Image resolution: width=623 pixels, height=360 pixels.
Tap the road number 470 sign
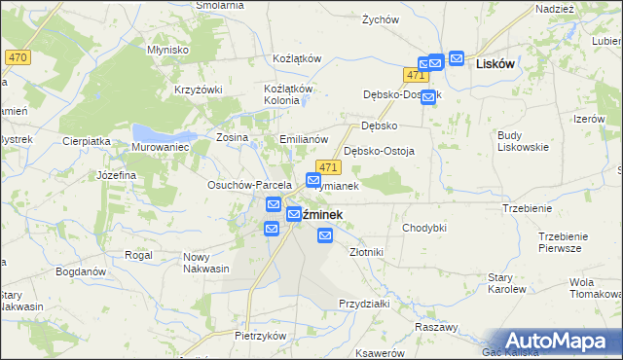click(17, 58)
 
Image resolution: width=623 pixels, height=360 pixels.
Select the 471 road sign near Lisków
click(416, 75)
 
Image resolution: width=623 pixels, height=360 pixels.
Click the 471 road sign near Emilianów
click(328, 168)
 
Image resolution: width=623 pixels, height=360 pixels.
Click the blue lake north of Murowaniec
click(156, 129)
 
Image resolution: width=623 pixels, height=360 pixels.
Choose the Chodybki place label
click(423, 227)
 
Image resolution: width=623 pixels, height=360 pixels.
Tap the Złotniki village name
click(366, 251)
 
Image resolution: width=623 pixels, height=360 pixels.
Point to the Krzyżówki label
click(199, 90)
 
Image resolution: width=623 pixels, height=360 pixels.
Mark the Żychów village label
click(381, 19)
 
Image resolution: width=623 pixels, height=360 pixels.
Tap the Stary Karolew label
click(506, 283)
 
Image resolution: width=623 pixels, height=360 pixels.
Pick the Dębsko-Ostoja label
click(380, 151)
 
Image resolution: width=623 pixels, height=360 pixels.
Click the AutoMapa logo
click(557, 340)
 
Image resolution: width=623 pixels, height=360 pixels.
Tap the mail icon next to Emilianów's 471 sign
click(313, 180)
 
